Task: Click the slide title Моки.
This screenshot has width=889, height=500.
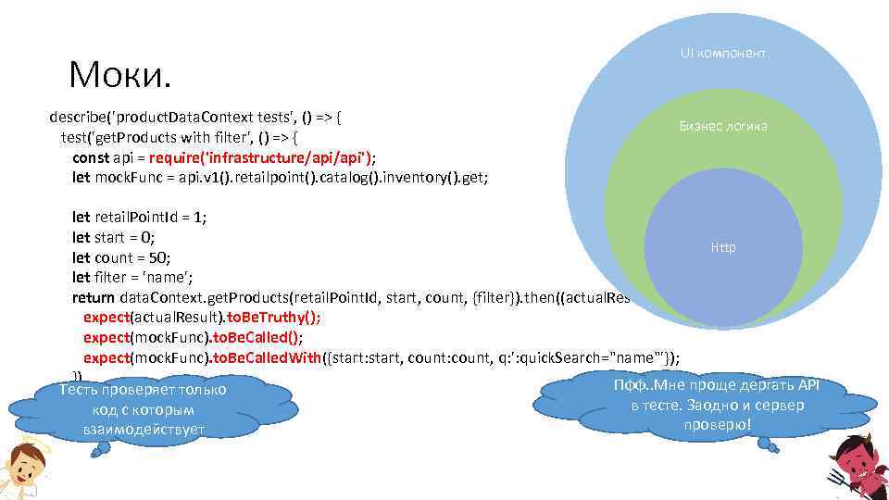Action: [119, 75]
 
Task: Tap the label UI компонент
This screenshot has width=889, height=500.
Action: [723, 54]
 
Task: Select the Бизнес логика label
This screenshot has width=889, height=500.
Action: [723, 126]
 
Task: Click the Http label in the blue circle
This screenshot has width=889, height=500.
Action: [723, 247]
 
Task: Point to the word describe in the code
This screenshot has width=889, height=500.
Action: [81, 119]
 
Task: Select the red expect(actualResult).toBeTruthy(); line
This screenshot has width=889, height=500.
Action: [201, 317]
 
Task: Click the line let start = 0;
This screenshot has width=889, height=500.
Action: [106, 237]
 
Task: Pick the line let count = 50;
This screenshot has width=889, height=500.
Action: [115, 257]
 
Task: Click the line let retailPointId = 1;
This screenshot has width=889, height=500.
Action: [139, 217]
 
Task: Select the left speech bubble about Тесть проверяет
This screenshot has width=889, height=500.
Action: [143, 409]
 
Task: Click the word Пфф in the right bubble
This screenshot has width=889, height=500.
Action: [627, 386]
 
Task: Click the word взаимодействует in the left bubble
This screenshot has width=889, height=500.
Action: [143, 429]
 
